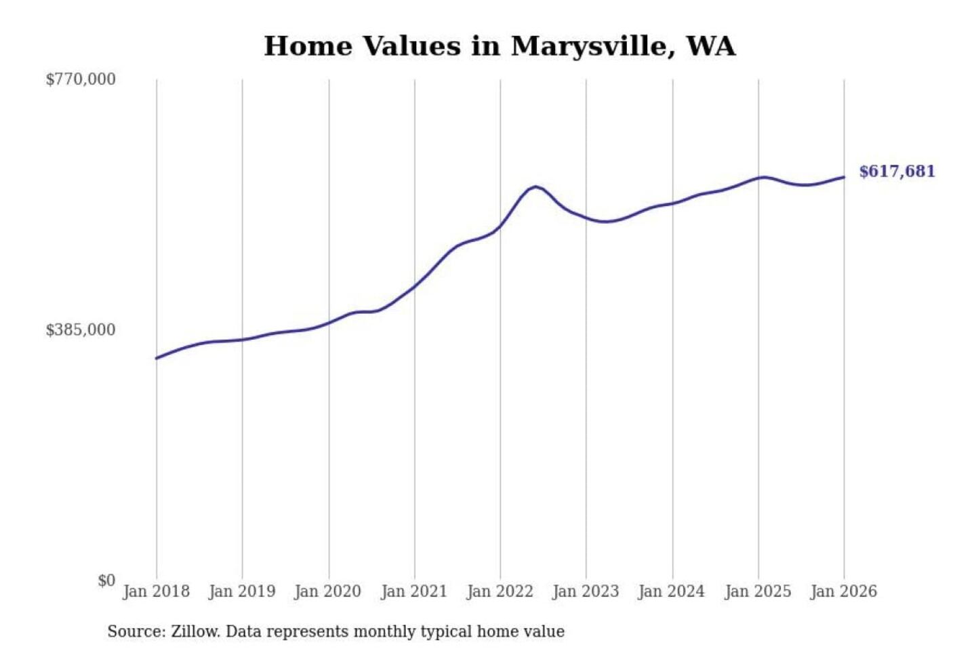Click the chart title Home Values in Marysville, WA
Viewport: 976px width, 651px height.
point(500,46)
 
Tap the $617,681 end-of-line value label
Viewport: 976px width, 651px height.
point(897,172)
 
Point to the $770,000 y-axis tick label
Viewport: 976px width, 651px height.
point(81,79)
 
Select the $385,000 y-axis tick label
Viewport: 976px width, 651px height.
point(81,330)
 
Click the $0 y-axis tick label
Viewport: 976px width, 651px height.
point(106,580)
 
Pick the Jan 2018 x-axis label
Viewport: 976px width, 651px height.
point(156,591)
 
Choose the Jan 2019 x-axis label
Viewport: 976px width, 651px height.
point(242,591)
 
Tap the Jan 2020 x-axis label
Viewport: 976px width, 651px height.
point(328,591)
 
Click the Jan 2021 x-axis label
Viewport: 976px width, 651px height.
point(414,591)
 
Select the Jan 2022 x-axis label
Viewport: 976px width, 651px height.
point(500,591)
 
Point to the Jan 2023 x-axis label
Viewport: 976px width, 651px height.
point(586,591)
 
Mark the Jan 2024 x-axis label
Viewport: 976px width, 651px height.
point(672,591)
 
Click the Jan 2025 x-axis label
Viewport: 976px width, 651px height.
point(758,591)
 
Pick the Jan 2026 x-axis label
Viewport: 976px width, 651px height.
point(844,591)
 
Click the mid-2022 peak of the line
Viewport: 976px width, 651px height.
point(535,186)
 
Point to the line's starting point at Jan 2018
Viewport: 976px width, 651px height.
point(157,358)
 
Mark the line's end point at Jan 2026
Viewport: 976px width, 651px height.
point(844,177)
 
